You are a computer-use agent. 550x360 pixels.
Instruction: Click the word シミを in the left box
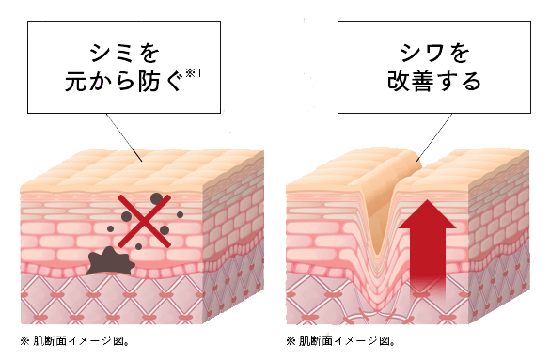[121, 50]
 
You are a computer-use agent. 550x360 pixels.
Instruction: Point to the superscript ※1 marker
[196, 74]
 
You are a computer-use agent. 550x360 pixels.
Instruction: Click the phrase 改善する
[433, 82]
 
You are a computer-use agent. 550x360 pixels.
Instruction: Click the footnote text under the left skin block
[74, 343]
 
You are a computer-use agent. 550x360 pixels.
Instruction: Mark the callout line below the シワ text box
[434, 137]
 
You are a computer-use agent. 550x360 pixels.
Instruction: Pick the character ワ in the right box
[433, 50]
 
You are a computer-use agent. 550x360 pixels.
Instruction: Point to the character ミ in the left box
[121, 50]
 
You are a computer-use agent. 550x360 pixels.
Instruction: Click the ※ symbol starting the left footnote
[25, 343]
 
